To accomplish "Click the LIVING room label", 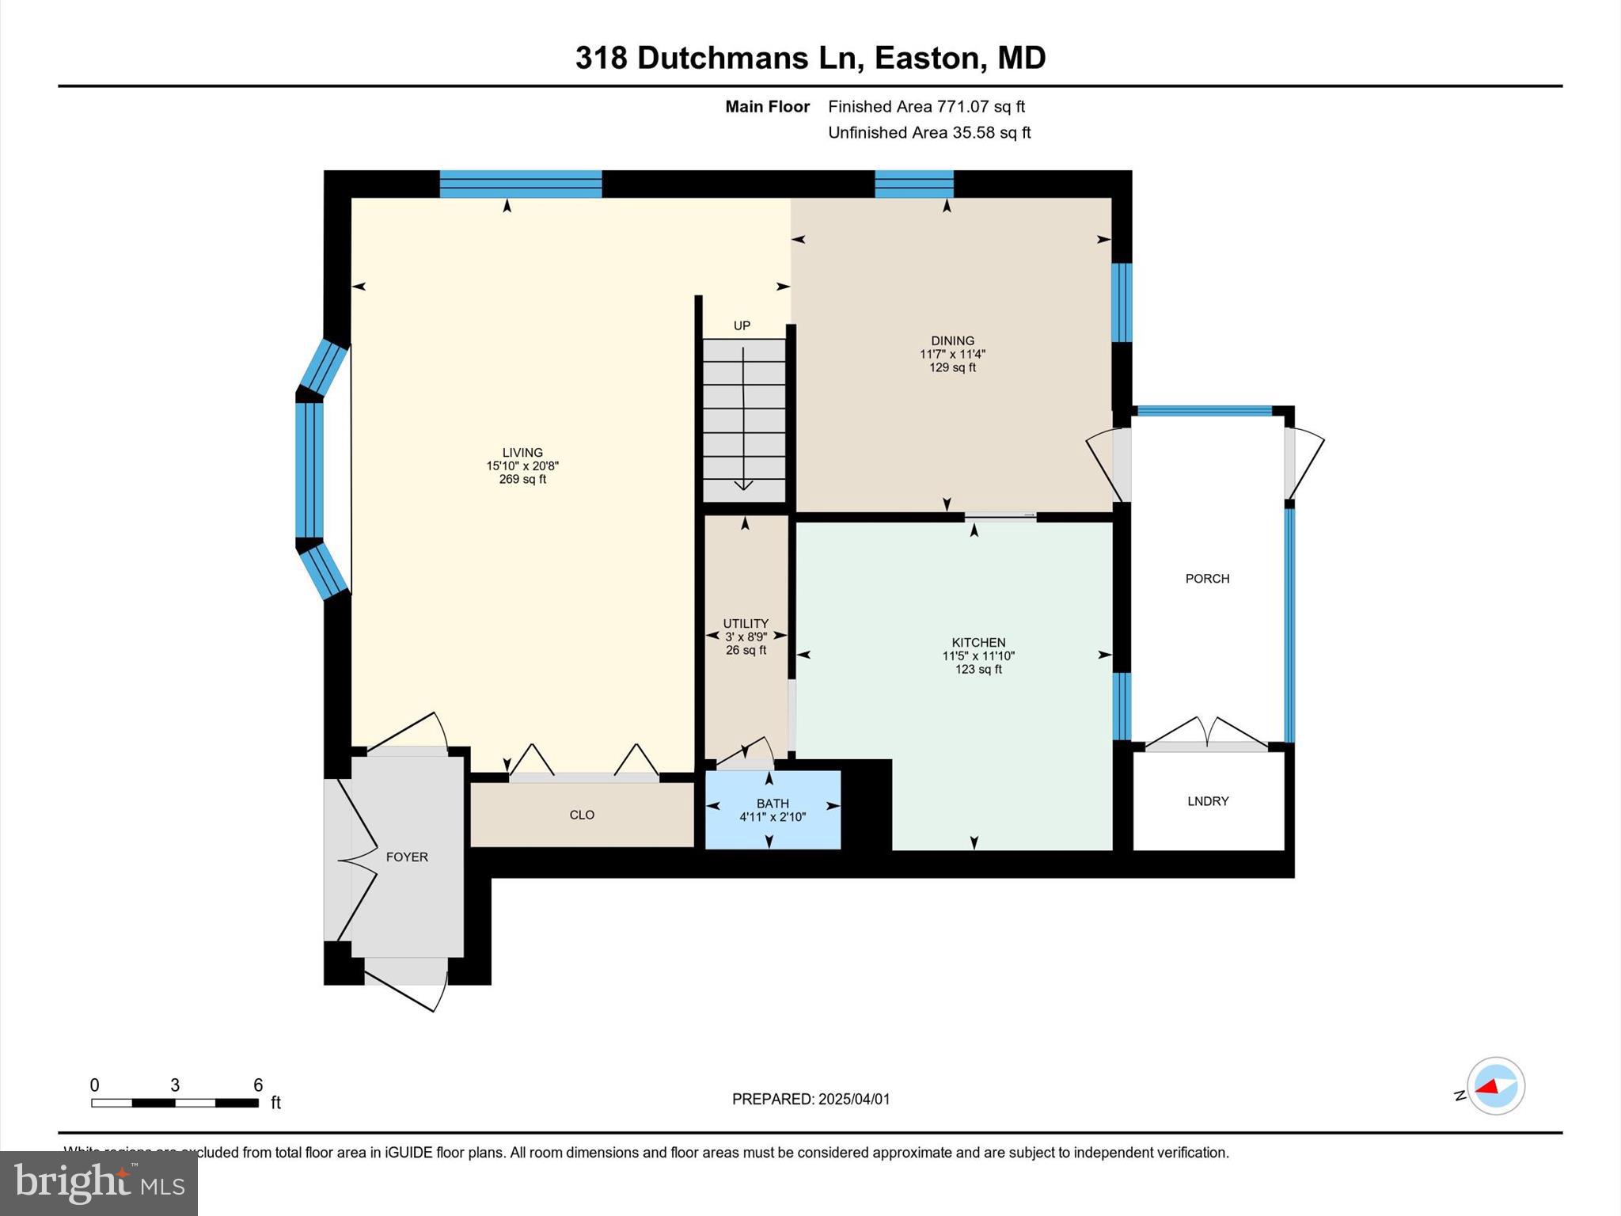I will (x=522, y=453).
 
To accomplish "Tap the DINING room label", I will (x=952, y=341).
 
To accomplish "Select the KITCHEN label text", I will (x=978, y=643).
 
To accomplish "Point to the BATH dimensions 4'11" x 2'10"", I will (x=773, y=817).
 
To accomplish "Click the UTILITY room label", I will (x=746, y=624).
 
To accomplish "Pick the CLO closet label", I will (x=582, y=815).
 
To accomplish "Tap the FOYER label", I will (x=407, y=857).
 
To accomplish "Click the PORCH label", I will (x=1207, y=579).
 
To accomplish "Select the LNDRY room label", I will (x=1208, y=801).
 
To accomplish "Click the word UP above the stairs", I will (x=742, y=326).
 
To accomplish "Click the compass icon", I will (x=1495, y=1086).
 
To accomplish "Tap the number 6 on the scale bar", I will (x=257, y=1085).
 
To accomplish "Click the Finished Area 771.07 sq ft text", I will (x=926, y=107).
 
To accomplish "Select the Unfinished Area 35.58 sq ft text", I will (x=929, y=133).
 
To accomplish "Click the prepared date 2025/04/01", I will (x=853, y=1100).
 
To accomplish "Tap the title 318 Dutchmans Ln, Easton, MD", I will (x=810, y=58).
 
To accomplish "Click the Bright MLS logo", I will (x=99, y=1183).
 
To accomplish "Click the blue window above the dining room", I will (x=913, y=184).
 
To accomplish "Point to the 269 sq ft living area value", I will (x=522, y=480).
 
